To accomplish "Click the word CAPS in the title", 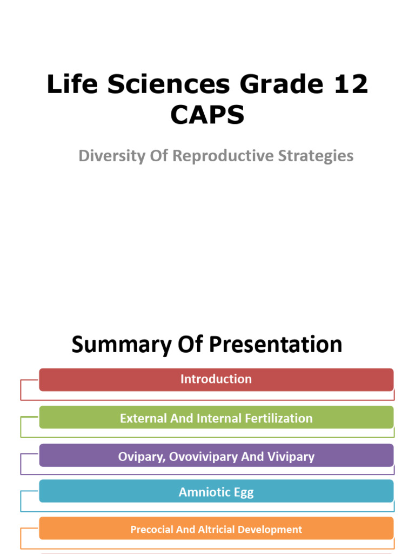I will [x=207, y=115].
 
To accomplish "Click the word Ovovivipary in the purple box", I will [x=203, y=457].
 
